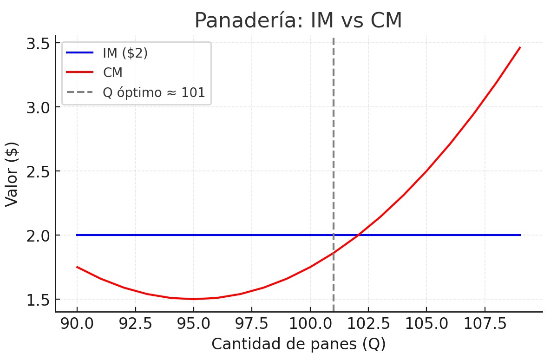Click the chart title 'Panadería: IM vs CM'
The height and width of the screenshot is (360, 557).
click(x=298, y=21)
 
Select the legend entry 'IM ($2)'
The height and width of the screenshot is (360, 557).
click(x=125, y=53)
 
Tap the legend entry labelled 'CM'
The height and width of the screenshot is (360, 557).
click(x=112, y=72)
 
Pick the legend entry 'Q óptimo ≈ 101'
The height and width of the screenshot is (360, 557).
click(x=154, y=92)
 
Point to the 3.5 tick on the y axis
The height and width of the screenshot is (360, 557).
click(x=39, y=44)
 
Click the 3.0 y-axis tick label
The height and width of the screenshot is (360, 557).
click(x=39, y=108)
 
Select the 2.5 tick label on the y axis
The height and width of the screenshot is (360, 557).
click(x=39, y=171)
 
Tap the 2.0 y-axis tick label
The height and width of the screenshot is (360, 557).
click(x=39, y=236)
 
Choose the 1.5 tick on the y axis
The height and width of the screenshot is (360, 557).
click(x=39, y=300)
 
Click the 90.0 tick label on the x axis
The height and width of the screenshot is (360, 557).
click(x=77, y=324)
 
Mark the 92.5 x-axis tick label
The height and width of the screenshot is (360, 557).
click(x=135, y=324)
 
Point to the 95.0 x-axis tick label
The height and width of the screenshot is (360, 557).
click(x=194, y=324)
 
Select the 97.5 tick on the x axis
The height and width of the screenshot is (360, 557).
click(x=252, y=324)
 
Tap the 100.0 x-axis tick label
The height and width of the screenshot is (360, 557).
click(x=310, y=324)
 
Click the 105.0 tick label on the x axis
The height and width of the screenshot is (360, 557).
click(x=426, y=324)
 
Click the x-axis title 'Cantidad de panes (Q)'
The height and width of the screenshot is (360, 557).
click(x=299, y=344)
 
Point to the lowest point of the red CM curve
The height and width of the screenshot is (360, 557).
click(x=194, y=299)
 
